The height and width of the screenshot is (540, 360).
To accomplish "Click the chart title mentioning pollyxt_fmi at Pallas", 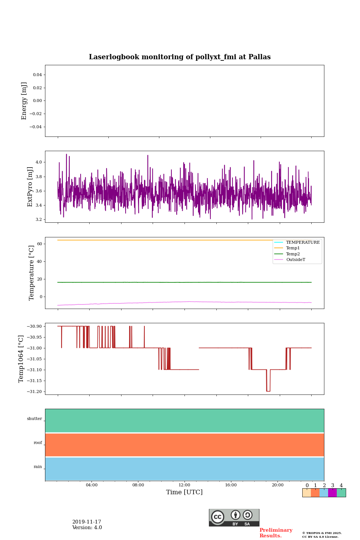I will point(180,57).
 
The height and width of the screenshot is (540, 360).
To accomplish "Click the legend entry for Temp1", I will point(293,248).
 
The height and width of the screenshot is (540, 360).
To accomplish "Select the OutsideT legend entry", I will point(295,260).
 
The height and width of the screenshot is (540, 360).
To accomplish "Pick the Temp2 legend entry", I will point(293,254).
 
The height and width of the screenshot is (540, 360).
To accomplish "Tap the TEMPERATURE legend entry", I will point(303,242).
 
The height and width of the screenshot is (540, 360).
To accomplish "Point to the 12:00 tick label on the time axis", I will point(184,485).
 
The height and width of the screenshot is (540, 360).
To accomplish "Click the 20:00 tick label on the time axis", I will point(277,485).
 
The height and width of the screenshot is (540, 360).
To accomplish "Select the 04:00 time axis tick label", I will point(91,485).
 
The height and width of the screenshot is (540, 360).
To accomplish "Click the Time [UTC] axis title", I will point(184,492).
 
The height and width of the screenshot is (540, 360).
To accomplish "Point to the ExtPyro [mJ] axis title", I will point(30,187).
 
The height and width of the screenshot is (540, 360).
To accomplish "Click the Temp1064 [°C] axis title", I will point(21,359).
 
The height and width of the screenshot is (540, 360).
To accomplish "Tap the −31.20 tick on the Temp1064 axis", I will point(34,391).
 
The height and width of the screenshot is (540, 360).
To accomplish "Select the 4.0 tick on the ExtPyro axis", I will point(39,162).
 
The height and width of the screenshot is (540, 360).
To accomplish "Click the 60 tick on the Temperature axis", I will point(39,244).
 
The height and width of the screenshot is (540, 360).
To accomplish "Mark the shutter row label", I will point(34,419).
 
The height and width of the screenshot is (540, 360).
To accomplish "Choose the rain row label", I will point(38,467).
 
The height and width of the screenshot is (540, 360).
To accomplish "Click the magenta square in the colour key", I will point(332,493).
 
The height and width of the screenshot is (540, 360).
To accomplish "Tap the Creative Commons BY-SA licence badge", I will point(234,517).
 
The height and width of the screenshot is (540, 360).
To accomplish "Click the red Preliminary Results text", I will point(276,533).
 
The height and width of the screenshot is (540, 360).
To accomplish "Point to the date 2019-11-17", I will point(87,522).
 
